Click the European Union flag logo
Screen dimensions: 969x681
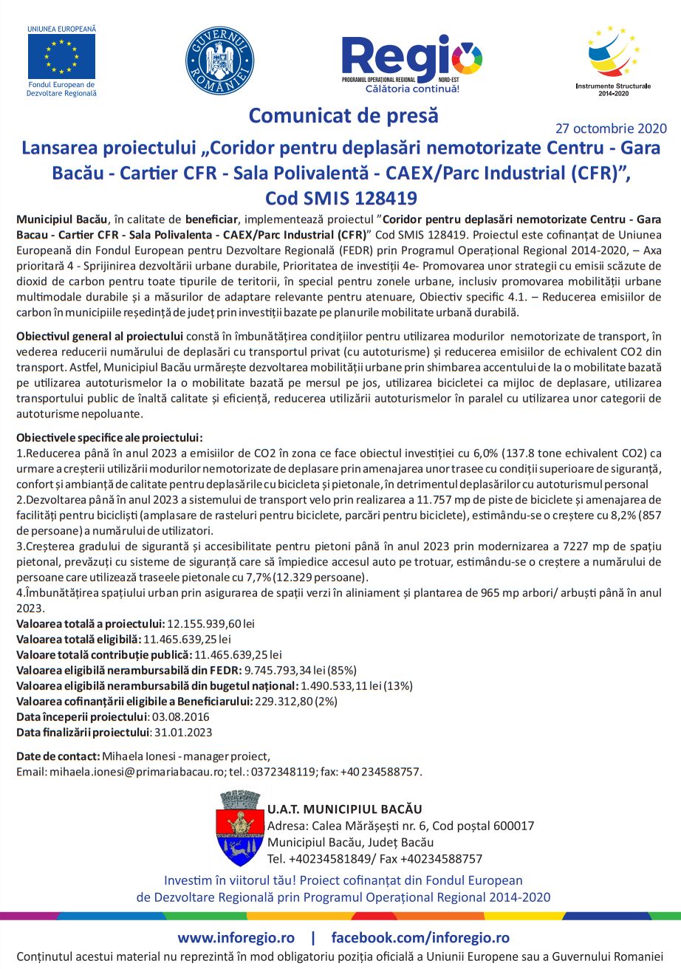[x=61, y=57]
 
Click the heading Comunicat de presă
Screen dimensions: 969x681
[x=343, y=116]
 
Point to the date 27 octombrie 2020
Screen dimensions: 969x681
[x=610, y=128]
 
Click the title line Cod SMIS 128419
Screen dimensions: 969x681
[x=340, y=198]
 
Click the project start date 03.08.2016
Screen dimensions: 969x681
[x=180, y=716]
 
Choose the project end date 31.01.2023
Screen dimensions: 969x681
[x=182, y=732]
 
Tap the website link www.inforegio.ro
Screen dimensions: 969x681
[x=236, y=938]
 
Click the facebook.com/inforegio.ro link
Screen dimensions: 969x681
[x=420, y=938]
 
